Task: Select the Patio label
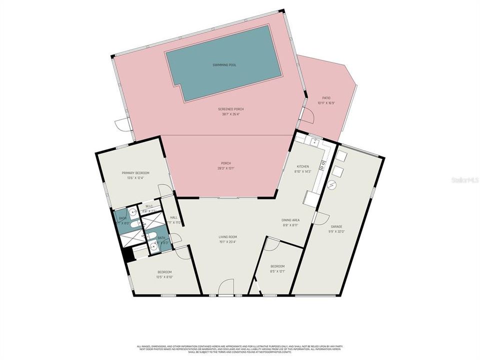coord(326,98)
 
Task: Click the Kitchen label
coord(303,166)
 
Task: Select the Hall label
coord(174,217)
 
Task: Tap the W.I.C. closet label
coord(149,206)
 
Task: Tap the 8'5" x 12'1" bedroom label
coord(277,266)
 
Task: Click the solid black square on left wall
coord(128,254)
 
